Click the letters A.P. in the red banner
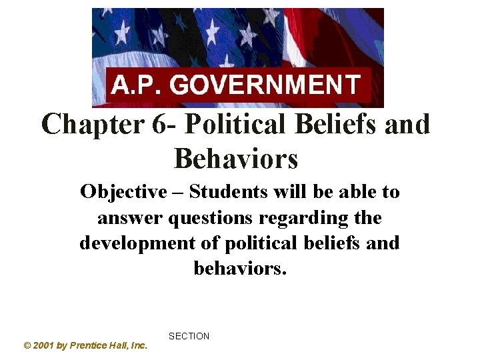point(137,87)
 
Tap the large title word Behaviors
point(235,159)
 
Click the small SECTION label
point(189,337)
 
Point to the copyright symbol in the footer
point(27,345)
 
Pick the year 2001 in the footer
point(44,345)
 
